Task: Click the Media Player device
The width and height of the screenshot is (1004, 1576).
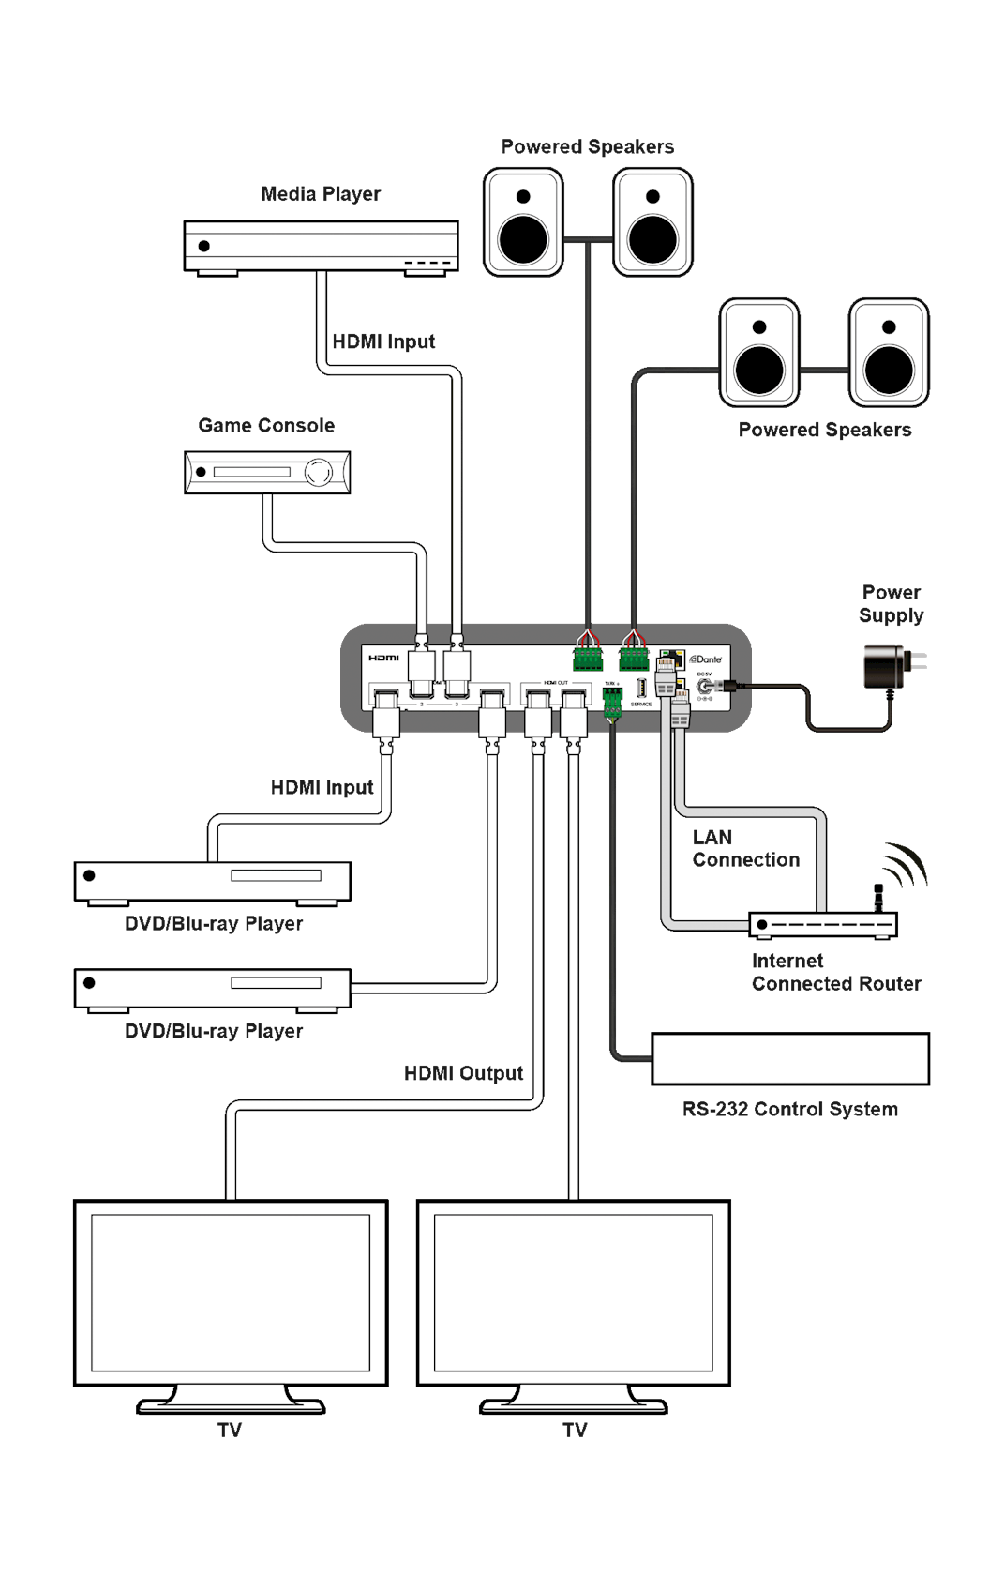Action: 321,247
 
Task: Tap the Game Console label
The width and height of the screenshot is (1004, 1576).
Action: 266,426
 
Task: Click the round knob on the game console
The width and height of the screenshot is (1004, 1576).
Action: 321,472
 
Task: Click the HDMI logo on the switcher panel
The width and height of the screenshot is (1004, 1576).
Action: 383,658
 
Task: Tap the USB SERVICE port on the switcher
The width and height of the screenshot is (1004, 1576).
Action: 641,688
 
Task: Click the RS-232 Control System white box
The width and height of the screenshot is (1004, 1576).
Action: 789,1059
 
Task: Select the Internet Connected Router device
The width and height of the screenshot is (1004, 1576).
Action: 822,925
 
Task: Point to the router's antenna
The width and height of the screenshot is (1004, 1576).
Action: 879,897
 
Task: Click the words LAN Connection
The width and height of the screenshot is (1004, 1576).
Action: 745,848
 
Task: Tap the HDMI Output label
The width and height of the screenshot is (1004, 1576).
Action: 463,1073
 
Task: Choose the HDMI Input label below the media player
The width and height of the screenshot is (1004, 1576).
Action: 384,342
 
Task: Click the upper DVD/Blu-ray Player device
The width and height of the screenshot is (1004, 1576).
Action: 212,881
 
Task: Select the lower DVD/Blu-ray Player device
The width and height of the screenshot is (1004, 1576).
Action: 212,989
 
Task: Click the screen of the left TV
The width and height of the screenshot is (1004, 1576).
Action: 231,1292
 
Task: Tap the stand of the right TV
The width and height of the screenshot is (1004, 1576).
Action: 574,1402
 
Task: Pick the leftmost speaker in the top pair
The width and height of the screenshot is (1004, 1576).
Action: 523,222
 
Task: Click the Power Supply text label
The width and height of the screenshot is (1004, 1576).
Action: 891,604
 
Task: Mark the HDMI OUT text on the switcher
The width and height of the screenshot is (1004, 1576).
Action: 556,683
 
